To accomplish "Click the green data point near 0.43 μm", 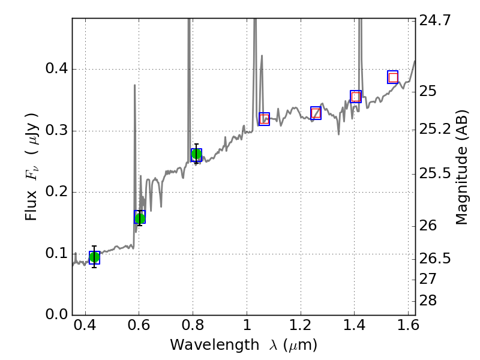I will coord(94,257).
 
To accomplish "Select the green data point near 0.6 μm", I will coord(140,218).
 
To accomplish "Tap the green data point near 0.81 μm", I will coord(196,155).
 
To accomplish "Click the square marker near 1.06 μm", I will coord(264,119).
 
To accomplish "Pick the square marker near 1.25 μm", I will coord(316,113).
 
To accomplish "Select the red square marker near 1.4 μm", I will coord(356,97).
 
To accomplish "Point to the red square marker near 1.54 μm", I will coord(393,77).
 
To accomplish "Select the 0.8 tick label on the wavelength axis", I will coord(193,328).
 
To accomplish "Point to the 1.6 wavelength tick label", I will coord(408,328).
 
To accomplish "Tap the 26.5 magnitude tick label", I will coord(434,259).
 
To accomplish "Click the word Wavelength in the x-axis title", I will coord(203,345).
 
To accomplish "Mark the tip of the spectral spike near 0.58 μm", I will coord(134,85).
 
